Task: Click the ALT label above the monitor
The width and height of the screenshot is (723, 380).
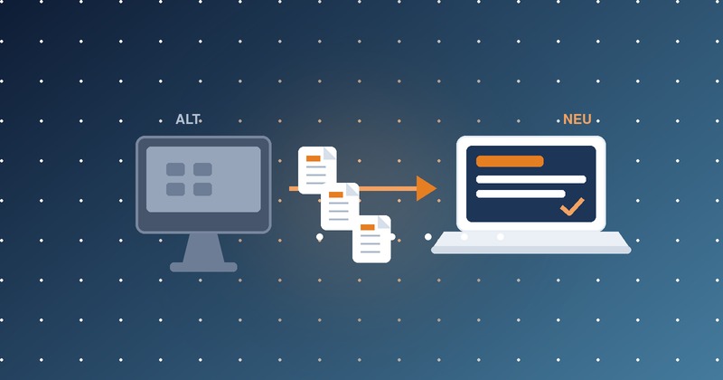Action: [x=187, y=119]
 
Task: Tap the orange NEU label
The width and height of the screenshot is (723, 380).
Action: [x=577, y=119]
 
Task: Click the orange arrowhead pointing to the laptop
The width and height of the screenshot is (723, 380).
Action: [x=426, y=188]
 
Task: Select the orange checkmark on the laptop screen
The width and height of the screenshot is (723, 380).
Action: [x=572, y=206]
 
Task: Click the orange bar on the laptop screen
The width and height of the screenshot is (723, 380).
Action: [x=510, y=161]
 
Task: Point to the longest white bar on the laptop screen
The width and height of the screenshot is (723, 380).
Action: [x=531, y=179]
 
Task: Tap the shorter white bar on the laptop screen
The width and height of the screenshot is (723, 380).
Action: [x=521, y=194]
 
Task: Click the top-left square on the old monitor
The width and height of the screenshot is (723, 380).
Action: [x=175, y=169]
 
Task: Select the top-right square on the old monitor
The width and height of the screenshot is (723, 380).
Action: [x=202, y=169]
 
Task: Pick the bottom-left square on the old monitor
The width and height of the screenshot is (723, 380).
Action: [x=175, y=189]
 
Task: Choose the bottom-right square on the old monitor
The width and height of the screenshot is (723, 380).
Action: [x=202, y=189]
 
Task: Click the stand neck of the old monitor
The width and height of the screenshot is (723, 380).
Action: [x=203, y=248]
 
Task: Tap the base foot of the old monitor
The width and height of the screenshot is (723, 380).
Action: [x=203, y=267]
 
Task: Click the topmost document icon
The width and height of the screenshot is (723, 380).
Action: [x=317, y=170]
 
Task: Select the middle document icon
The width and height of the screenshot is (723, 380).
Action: [x=340, y=206]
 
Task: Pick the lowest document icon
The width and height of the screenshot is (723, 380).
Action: [x=371, y=239]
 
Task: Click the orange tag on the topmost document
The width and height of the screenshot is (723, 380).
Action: [x=313, y=158]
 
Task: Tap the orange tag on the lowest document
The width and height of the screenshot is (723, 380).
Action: [x=368, y=227]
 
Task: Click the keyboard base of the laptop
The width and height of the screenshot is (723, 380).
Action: [x=531, y=242]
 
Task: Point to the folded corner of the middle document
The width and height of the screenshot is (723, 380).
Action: [x=353, y=189]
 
